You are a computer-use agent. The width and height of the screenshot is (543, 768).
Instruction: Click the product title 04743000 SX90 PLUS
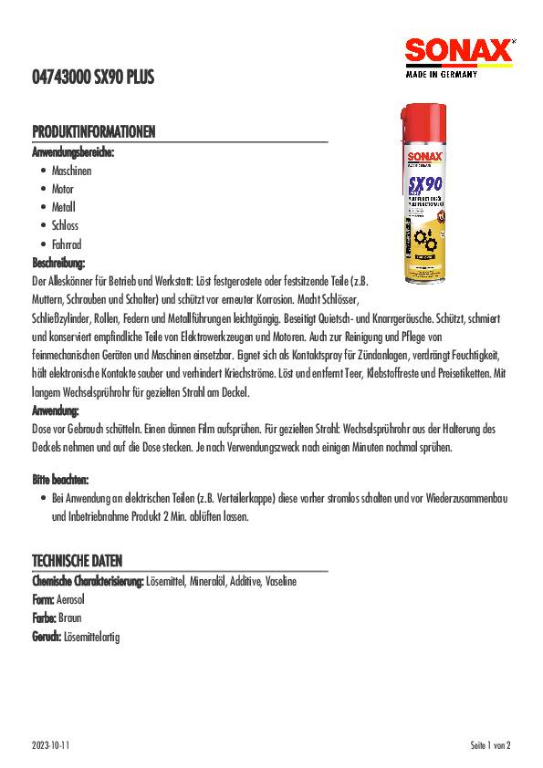[92, 79]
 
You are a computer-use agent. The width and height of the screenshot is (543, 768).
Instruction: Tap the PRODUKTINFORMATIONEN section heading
[92, 131]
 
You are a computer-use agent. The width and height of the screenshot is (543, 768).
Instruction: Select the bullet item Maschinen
[71, 171]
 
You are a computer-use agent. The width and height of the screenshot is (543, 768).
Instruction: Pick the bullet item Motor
[63, 189]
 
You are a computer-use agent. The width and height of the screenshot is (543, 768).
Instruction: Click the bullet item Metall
[63, 207]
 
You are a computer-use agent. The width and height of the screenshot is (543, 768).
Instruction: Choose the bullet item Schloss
[65, 225]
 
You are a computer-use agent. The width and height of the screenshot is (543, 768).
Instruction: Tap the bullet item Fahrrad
[66, 244]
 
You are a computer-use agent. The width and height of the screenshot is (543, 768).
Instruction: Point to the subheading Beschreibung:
[58, 263]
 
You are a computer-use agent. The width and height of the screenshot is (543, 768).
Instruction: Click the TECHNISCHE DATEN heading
[77, 560]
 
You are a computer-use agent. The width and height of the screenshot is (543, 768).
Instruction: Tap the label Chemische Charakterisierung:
[88, 581]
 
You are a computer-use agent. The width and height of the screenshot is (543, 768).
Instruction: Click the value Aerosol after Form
[70, 599]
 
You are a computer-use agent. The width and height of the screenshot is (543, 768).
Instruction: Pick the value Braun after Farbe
[69, 618]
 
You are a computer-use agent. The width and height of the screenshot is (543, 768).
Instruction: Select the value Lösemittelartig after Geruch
[91, 636]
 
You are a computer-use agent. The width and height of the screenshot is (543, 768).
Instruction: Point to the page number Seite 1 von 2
[491, 745]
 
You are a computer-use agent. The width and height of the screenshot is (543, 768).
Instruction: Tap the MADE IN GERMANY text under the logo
[441, 76]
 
